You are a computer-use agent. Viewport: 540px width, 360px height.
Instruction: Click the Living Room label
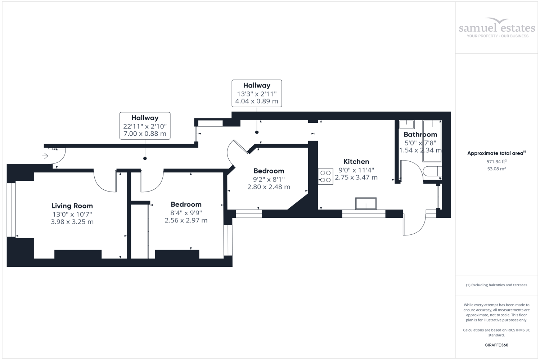pyautogui.click(x=72, y=206)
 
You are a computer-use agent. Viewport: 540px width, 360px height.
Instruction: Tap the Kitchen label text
pyautogui.click(x=356, y=162)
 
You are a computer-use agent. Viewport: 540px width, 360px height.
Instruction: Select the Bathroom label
pyautogui.click(x=420, y=135)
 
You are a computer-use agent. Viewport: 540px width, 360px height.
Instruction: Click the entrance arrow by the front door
pyautogui.click(x=45, y=156)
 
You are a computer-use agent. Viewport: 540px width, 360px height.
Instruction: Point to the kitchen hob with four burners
pyautogui.click(x=325, y=177)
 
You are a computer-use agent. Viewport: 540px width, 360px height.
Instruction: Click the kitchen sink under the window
pyautogui.click(x=366, y=203)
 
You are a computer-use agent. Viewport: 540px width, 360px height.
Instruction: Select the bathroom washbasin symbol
pyautogui.click(x=406, y=125)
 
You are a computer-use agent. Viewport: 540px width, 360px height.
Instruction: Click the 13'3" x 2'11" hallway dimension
pyautogui.click(x=257, y=94)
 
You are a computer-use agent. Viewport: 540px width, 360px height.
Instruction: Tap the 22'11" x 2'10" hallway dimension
pyautogui.click(x=145, y=126)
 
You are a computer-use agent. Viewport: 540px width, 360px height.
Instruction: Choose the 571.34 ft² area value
pyautogui.click(x=496, y=162)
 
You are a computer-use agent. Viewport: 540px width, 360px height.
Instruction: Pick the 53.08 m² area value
pyautogui.click(x=496, y=168)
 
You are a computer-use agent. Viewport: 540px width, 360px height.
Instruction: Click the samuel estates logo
pyautogui.click(x=497, y=28)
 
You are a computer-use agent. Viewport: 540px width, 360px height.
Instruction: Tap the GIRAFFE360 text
pyautogui.click(x=496, y=345)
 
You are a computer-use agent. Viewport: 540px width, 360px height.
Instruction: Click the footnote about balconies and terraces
pyautogui.click(x=496, y=285)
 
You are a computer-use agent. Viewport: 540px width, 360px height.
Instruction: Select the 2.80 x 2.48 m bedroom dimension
pyautogui.click(x=269, y=187)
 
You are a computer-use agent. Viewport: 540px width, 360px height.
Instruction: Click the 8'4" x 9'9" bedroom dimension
pyautogui.click(x=186, y=212)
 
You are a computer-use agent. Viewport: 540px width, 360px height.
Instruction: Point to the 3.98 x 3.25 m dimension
pyautogui.click(x=72, y=222)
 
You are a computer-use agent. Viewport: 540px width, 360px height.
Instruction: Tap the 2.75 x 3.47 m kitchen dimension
pyautogui.click(x=356, y=177)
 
